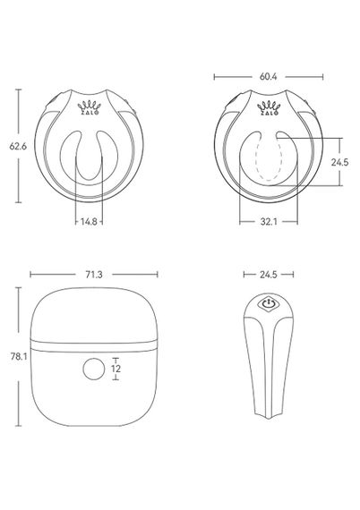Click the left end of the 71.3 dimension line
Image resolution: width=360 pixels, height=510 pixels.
[30, 276]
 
